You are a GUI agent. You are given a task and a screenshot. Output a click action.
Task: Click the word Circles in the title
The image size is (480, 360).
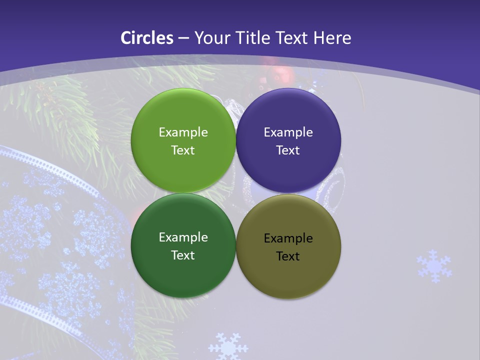pyautogui.click(x=147, y=38)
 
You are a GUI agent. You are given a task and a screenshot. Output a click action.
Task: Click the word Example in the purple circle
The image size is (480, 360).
pyautogui.click(x=288, y=132)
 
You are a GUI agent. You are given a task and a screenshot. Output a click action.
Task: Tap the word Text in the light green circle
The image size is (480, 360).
pyautogui.click(x=183, y=150)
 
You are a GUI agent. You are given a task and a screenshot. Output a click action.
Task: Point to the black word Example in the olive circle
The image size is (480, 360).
pyautogui.click(x=288, y=238)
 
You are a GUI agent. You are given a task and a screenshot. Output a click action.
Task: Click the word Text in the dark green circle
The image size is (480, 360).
pyautogui.click(x=183, y=255)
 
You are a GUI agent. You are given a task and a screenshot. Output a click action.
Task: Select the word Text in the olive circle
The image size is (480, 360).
pyautogui.click(x=288, y=256)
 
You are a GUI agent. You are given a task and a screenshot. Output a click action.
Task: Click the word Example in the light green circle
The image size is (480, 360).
pyautogui.click(x=183, y=132)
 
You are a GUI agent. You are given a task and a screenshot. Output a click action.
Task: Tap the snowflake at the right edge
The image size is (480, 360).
pyautogui.click(x=434, y=265)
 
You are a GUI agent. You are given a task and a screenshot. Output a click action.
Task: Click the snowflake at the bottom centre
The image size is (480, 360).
pyautogui.click(x=228, y=346)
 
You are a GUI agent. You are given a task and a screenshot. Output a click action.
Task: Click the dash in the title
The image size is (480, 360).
pyautogui.click(x=183, y=38)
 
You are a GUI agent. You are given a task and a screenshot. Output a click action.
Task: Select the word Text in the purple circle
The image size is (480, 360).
pyautogui.click(x=288, y=150)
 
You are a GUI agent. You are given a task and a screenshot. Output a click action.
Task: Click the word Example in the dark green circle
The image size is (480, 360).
pyautogui.click(x=183, y=237)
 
